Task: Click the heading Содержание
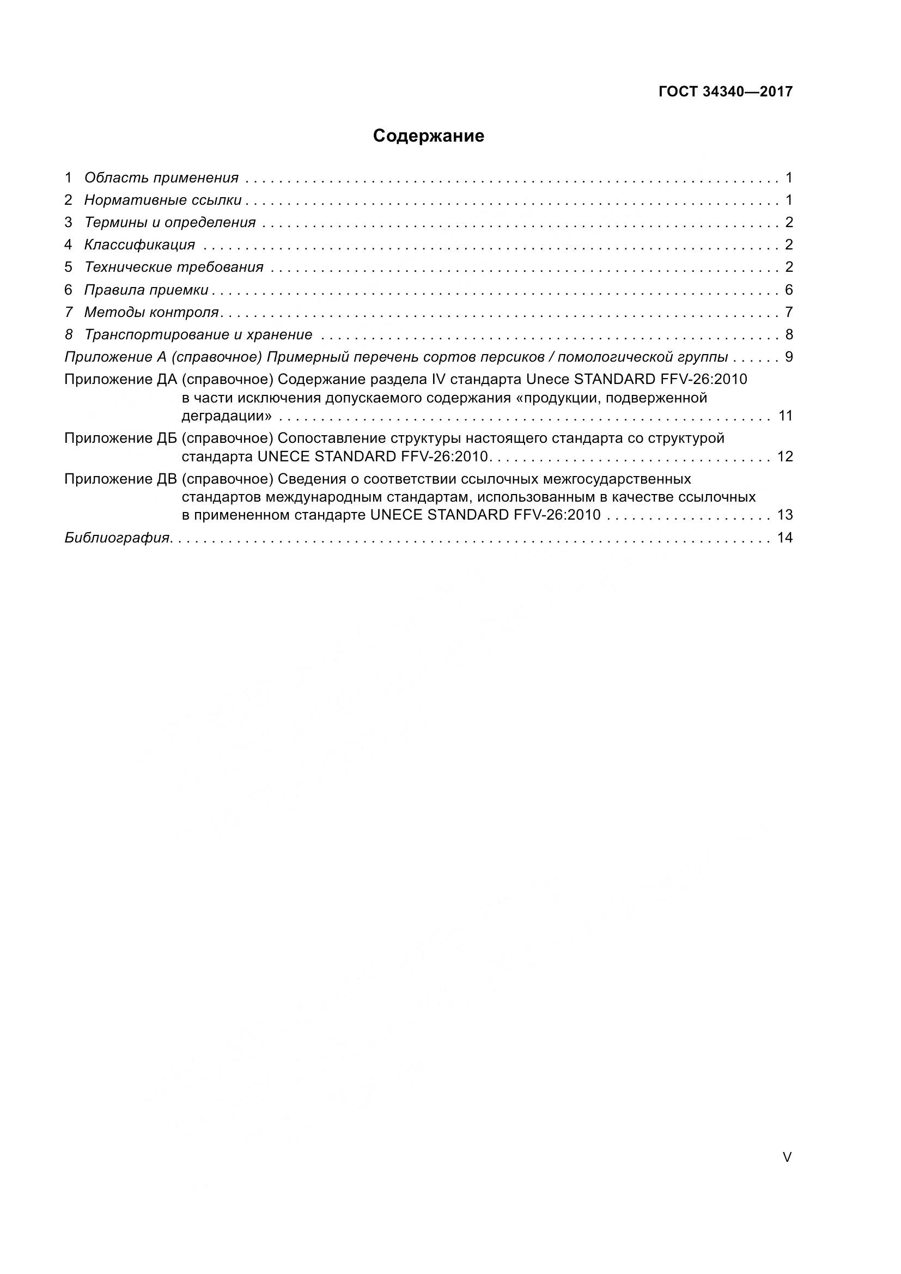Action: coord(428,136)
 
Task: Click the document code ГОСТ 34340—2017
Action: coord(725,92)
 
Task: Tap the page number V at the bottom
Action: coord(787,1157)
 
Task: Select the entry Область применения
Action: coord(161,178)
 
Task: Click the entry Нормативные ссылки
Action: coord(162,200)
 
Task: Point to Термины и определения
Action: coord(170,223)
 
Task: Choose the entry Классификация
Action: coord(139,245)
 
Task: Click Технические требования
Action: coord(174,267)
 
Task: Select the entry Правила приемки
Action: coord(146,290)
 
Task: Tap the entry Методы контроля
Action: coord(151,313)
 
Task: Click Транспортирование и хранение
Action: coord(198,334)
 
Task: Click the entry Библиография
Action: coord(117,538)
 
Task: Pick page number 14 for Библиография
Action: coord(785,538)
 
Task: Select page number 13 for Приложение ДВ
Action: coord(785,515)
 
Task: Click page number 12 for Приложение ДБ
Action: coord(785,456)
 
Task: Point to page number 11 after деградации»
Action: coord(785,416)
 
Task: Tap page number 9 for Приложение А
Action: coord(789,357)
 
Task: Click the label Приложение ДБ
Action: coord(120,438)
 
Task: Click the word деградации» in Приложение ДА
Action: coord(227,416)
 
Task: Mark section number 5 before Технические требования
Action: coord(68,267)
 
